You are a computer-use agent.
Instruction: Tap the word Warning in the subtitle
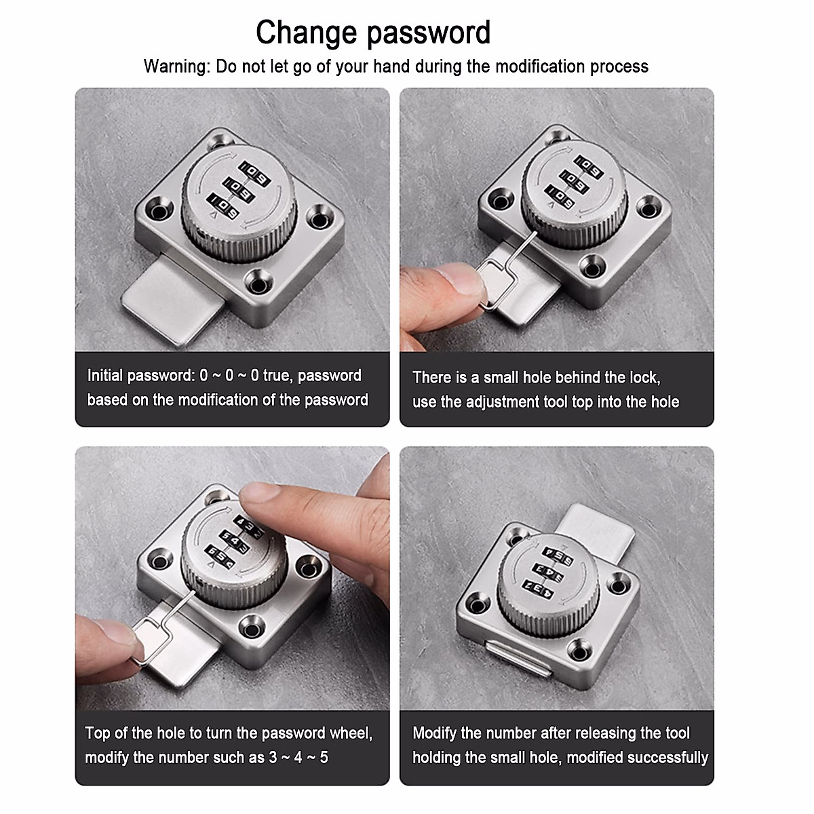point(176,66)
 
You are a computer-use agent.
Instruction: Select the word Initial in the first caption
point(105,376)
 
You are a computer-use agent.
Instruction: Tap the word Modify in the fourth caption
point(435,733)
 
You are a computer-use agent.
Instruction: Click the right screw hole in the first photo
point(317,218)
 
